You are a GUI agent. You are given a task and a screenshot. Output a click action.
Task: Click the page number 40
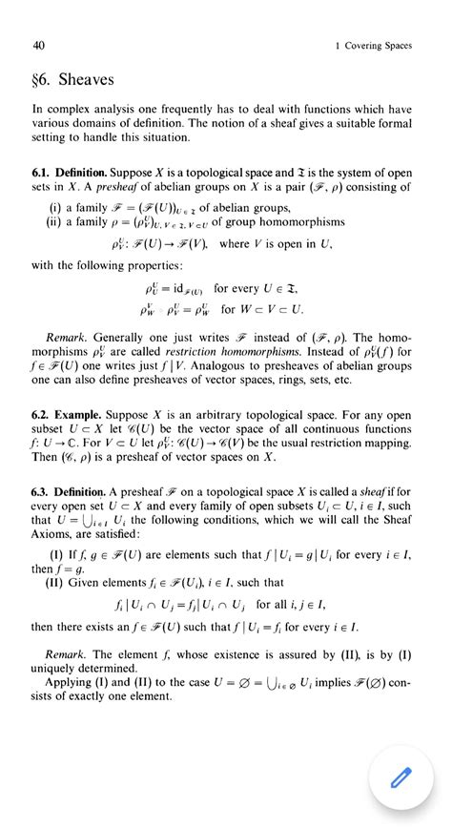38,45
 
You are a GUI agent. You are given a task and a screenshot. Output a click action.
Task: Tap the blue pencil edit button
398,779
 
